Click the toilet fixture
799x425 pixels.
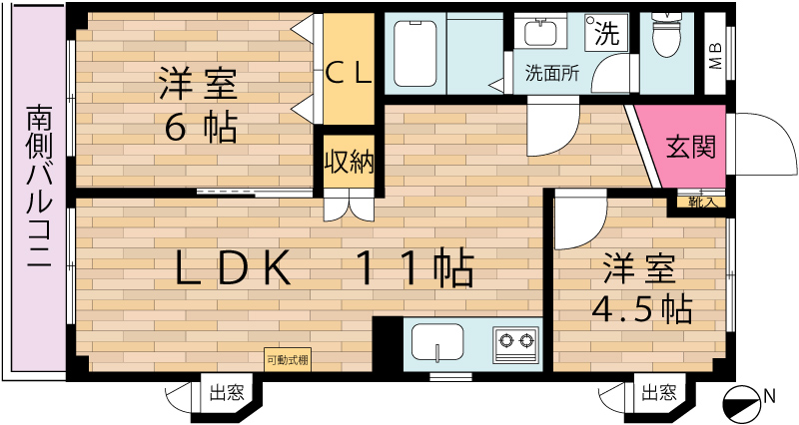coord(666,35)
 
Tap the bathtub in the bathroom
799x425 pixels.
coord(415,54)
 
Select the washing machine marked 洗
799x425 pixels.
coord(606,32)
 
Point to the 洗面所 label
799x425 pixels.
coord(552,73)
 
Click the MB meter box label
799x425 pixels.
coord(716,56)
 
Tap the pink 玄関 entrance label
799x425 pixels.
coord(691,147)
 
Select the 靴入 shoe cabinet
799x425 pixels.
coord(701,203)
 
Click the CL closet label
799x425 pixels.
coord(349,74)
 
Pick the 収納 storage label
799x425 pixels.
coord(349,162)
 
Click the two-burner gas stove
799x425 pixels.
coord(515,344)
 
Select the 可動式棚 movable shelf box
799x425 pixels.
coord(288,360)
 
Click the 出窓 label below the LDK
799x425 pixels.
coord(228,393)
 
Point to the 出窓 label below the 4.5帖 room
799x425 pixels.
coord(659,393)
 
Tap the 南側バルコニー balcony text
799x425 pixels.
coord(39,187)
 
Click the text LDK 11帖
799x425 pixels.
coord(324,267)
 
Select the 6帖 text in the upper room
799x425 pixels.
coord(201,129)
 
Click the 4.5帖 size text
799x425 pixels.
coord(641,308)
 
